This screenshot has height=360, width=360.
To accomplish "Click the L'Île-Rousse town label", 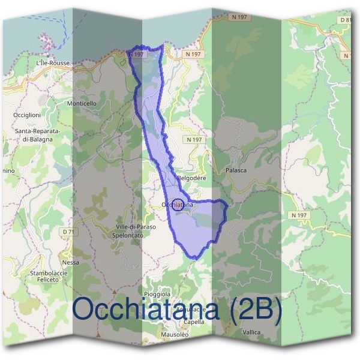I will pyautogui.click(x=53, y=62).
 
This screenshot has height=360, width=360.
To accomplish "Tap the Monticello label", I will pyautogui.click(x=82, y=103).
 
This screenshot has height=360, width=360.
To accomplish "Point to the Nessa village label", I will pyautogui.click(x=70, y=262).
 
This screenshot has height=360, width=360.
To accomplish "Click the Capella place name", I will pyautogui.click(x=193, y=322).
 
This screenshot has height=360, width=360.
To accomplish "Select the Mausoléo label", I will pyautogui.click(x=175, y=334).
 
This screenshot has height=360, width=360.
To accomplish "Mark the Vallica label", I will pyautogui.click(x=251, y=331).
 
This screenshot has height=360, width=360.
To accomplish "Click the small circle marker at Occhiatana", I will pyautogui.click(x=178, y=204).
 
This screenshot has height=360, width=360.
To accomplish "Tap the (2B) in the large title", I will pyautogui.click(x=251, y=310).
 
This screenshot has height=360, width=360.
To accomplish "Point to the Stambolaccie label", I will pyautogui.click(x=48, y=273).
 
